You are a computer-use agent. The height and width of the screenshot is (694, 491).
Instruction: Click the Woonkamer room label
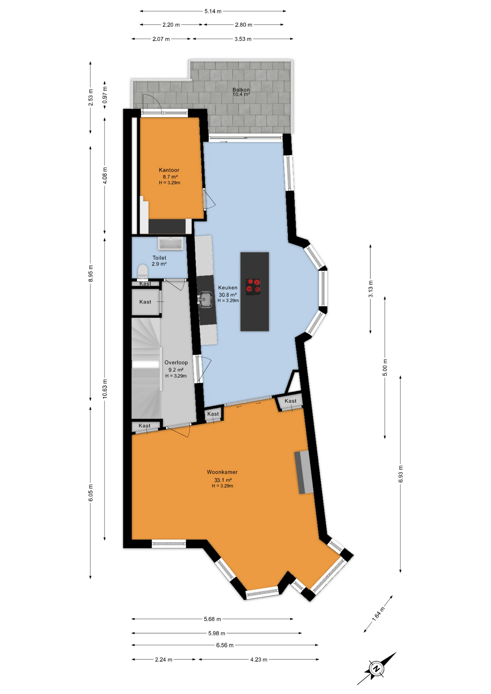(222, 472)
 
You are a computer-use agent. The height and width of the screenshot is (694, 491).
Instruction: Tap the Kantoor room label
(169, 170)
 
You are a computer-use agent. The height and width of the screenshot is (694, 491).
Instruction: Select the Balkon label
(241, 90)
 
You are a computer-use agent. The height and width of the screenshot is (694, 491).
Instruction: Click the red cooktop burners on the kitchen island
(253, 285)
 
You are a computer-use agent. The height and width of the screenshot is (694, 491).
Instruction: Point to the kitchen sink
(205, 299)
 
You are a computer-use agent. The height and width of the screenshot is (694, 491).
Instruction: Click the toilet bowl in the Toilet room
(143, 271)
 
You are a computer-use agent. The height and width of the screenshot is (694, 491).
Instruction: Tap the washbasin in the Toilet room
(171, 244)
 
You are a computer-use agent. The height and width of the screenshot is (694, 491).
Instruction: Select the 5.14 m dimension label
(213, 11)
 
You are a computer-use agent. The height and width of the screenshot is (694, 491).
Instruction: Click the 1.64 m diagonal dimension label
(378, 614)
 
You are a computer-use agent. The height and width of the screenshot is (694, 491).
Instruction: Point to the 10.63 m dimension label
(105, 389)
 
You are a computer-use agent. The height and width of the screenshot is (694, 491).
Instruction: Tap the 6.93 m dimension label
(401, 474)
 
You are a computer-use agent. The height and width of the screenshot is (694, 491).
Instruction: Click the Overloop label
(176, 363)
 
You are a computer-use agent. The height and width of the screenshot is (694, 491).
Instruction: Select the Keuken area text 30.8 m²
(227, 295)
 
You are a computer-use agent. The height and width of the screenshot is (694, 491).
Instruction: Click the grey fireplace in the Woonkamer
(303, 472)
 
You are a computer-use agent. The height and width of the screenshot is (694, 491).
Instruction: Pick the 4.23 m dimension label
(259, 660)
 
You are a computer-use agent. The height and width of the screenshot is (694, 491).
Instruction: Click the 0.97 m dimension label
(105, 95)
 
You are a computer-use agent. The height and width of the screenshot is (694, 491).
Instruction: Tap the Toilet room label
(159, 258)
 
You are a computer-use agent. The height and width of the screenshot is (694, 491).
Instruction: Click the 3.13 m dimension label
(371, 289)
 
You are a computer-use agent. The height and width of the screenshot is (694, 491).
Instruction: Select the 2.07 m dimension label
(161, 39)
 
